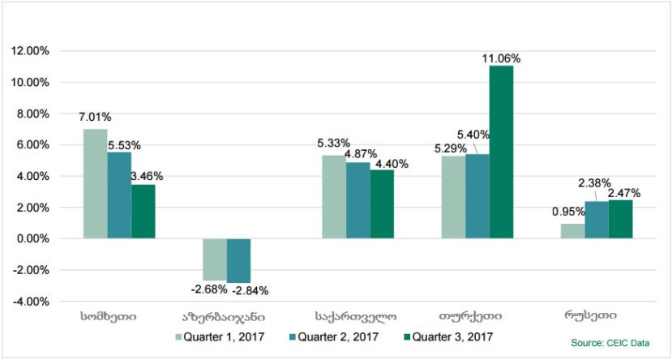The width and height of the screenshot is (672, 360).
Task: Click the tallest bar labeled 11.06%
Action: pyautogui.click(x=501, y=152)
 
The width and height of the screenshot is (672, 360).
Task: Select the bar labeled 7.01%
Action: pyautogui.click(x=95, y=183)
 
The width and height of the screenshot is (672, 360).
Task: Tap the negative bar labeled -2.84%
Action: pyautogui.click(x=238, y=260)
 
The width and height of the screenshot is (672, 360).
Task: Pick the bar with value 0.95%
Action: pyautogui.click(x=572, y=231)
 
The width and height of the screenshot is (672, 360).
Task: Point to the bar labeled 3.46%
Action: pyautogui.click(x=143, y=212)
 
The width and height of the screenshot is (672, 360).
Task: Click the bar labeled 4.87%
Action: pyautogui.click(x=357, y=200)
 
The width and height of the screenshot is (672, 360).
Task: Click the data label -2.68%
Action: pyautogui.click(x=208, y=289)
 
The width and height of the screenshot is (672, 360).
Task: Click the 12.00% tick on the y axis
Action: pyautogui.click(x=30, y=51)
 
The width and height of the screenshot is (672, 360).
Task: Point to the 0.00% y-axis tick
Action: pyautogui.click(x=32, y=239)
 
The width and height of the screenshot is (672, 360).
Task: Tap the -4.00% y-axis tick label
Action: pyautogui.click(x=31, y=302)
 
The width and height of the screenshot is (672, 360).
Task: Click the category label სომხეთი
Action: pyautogui.click(x=109, y=315)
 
